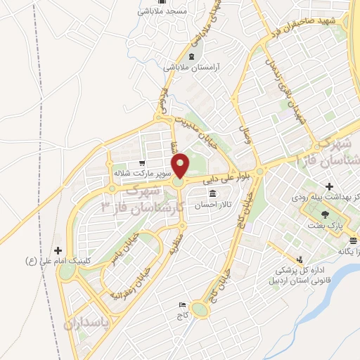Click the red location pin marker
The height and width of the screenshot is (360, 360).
pos(181,166)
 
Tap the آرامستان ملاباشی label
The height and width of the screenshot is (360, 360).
pos(192,67)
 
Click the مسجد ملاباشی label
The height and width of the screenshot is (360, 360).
pos(161,12)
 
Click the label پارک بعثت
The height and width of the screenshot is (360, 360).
pos(324,227)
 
